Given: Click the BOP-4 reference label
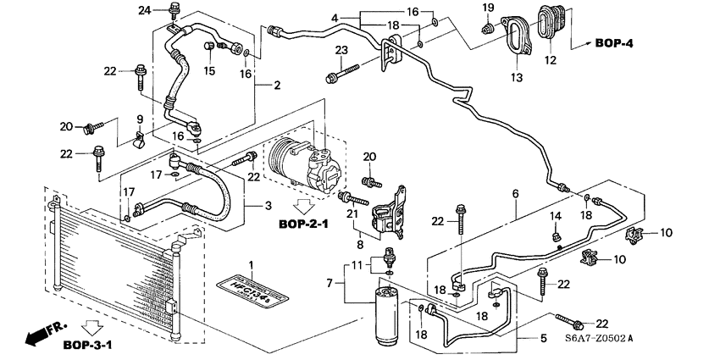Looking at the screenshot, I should [x=614, y=42].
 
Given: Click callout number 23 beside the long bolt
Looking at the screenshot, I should [x=342, y=51].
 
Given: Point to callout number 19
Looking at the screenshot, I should [x=488, y=8].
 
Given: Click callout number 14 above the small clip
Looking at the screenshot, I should [x=557, y=217].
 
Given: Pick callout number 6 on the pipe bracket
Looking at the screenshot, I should [x=514, y=194].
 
